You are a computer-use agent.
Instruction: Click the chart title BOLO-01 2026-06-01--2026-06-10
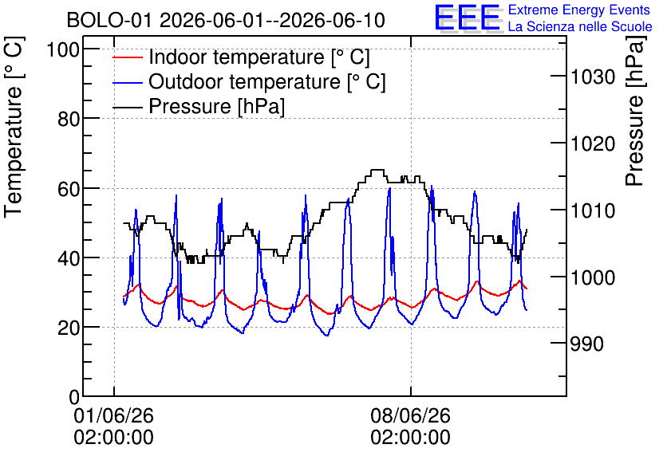(226, 20)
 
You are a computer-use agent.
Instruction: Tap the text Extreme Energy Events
(579, 10)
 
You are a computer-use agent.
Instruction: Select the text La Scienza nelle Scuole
(580, 26)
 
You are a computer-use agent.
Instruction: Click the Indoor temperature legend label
(259, 57)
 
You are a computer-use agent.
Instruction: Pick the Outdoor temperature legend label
(266, 81)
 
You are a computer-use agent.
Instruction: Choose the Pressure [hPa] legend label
(216, 106)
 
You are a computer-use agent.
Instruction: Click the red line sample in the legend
(128, 57)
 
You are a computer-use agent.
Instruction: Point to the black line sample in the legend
(128, 107)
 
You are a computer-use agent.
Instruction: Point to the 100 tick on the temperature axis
(63, 49)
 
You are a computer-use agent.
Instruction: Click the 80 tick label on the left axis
(69, 120)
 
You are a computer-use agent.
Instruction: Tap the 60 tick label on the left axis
(69, 189)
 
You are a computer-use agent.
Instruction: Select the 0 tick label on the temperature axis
(74, 397)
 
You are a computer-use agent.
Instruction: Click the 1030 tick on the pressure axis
(593, 77)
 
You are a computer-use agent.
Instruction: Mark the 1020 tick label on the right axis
(593, 144)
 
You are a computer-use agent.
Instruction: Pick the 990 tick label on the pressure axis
(586, 344)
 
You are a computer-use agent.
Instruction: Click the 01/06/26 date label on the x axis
(113, 415)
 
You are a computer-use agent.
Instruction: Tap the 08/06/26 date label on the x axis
(411, 415)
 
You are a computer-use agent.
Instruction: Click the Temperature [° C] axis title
(14, 127)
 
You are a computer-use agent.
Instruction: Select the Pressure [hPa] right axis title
(634, 111)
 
